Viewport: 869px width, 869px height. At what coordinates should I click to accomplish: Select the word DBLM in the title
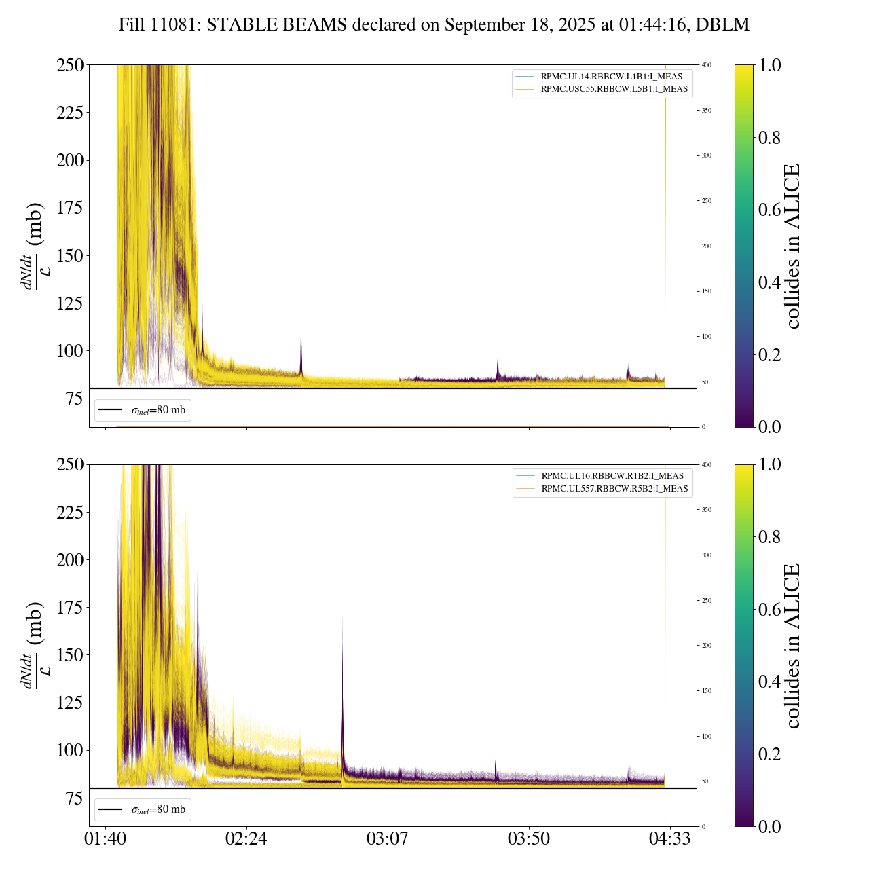coord(724,25)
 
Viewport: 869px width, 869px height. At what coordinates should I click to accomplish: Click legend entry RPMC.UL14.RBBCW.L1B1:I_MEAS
coord(611,77)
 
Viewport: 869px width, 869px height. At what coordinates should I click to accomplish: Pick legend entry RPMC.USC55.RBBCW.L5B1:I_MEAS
coord(614,89)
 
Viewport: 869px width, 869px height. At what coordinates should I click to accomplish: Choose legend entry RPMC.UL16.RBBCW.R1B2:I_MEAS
coord(612,476)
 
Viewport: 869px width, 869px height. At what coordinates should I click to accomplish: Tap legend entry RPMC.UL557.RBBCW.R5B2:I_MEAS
coord(614,489)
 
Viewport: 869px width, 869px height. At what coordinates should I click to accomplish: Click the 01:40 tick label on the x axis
coord(105,838)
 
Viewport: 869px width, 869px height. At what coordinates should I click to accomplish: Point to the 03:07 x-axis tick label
coord(388,838)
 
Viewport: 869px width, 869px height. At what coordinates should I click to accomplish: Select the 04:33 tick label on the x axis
coord(670,838)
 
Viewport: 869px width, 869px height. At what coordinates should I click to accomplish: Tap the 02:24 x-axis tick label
coord(246,838)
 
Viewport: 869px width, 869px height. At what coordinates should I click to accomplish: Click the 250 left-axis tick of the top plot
coord(70,65)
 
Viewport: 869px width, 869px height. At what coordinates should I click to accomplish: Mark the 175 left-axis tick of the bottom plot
coord(70,608)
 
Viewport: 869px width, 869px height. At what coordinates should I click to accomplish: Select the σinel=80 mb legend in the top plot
coord(143,410)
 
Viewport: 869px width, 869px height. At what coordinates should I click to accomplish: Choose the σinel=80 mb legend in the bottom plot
coord(143,809)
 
